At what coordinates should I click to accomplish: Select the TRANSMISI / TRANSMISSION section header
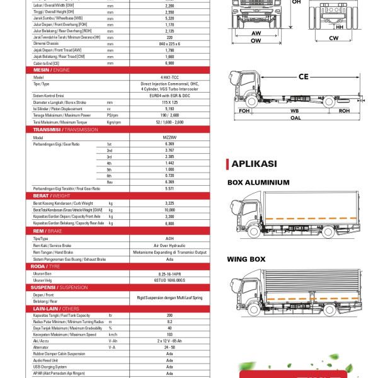(61, 129)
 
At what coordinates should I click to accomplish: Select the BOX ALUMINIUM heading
(258, 183)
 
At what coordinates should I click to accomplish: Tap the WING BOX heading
(246, 259)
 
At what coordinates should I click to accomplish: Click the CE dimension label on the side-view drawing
(303, 77)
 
